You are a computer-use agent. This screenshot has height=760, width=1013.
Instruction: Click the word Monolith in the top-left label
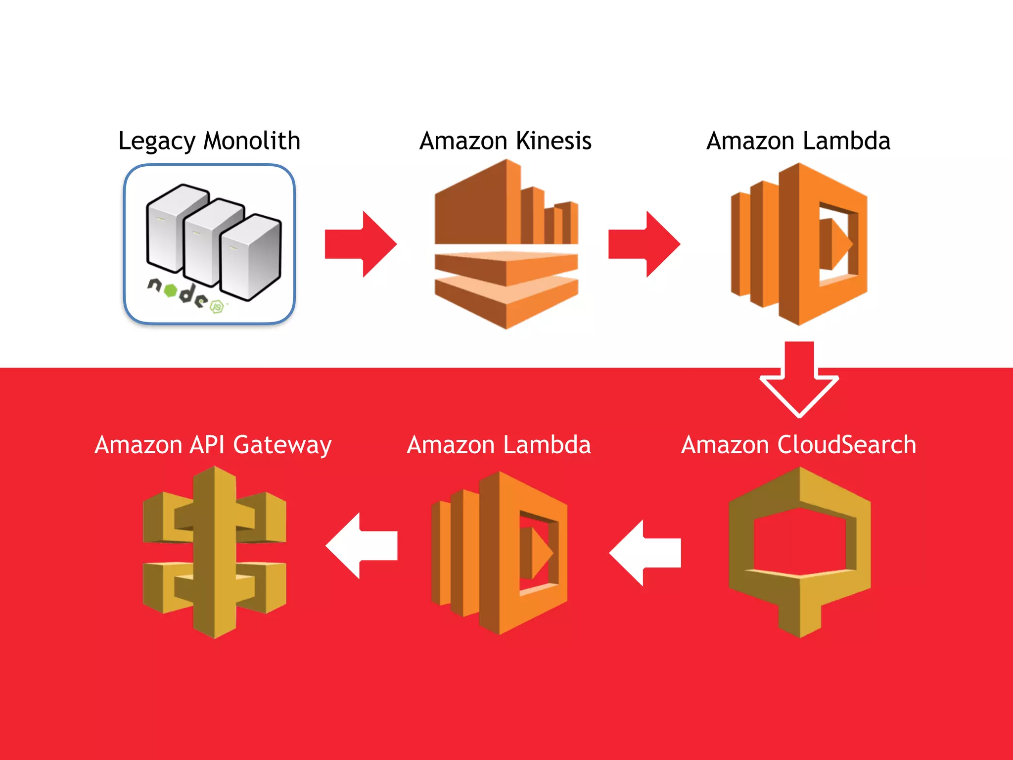coord(252,141)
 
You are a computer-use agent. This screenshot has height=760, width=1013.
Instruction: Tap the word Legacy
coord(157,142)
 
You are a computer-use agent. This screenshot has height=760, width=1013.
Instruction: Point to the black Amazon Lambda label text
coord(798,141)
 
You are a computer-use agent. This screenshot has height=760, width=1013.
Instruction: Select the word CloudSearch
coord(847,444)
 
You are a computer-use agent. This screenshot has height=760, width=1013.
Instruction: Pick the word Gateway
coord(282,445)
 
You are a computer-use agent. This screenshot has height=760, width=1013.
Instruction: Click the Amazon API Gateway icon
coord(214,552)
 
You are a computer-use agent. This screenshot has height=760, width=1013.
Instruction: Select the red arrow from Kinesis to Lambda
coord(644,244)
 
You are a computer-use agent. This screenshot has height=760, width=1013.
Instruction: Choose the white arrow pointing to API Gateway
coord(362,546)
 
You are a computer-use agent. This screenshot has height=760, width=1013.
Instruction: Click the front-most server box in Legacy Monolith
coord(251,257)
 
